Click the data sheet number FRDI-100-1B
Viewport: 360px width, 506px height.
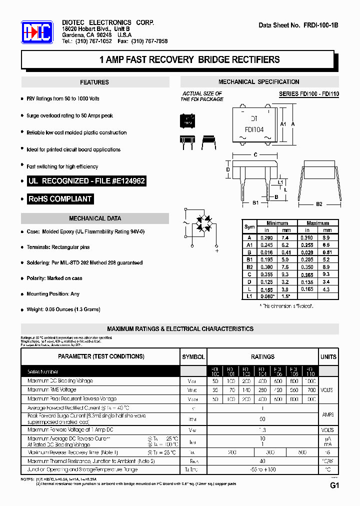click(x=298, y=25)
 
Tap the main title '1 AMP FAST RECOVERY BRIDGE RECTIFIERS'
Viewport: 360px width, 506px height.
click(x=189, y=59)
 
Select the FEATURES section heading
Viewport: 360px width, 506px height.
click(x=94, y=82)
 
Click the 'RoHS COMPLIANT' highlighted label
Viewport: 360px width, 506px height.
click(x=60, y=199)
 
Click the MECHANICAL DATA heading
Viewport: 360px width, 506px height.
click(x=94, y=218)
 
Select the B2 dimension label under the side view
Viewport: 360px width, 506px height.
click(x=319, y=203)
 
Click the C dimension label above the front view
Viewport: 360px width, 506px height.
click(x=255, y=155)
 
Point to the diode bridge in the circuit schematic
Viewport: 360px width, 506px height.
click(x=203, y=223)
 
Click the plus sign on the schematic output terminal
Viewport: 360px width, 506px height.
click(x=216, y=251)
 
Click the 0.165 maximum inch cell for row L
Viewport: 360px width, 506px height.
click(x=307, y=289)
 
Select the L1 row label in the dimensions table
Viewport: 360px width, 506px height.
click(x=249, y=296)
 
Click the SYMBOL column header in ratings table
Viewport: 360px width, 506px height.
click(x=193, y=357)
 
